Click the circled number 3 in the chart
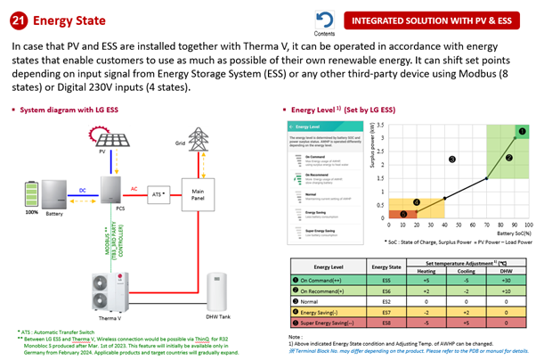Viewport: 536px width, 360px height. (452, 159)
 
